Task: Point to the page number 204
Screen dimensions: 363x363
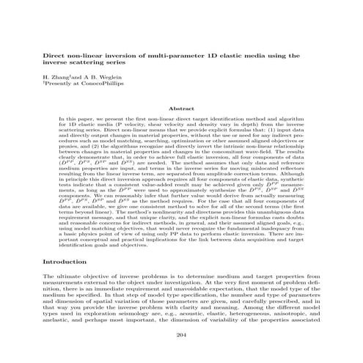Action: tap(180, 336)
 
